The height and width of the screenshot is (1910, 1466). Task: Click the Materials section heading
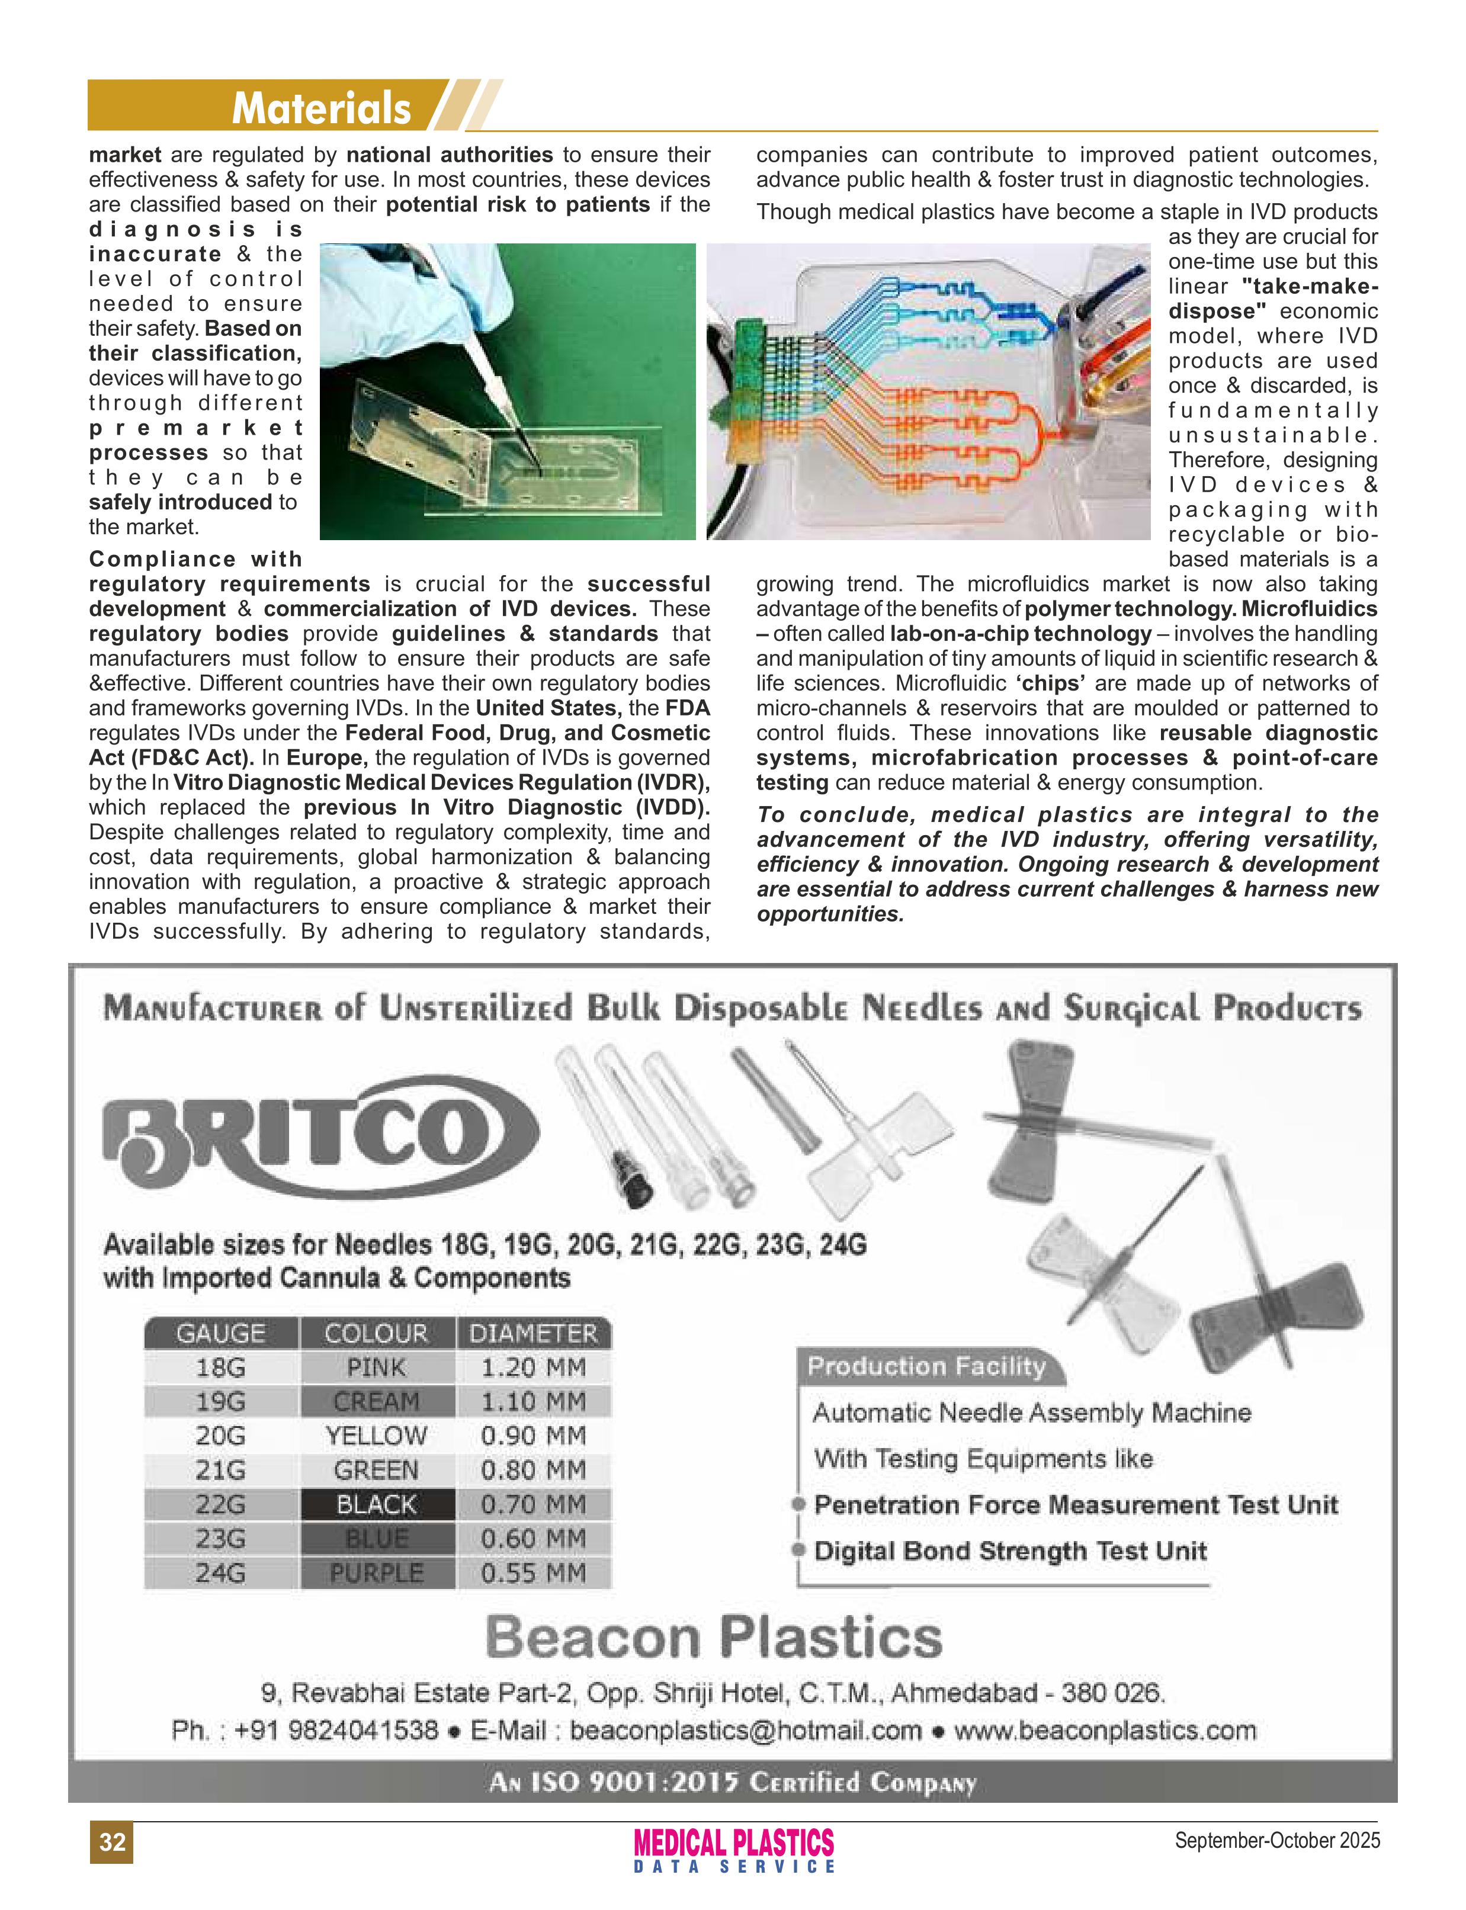coord(321,109)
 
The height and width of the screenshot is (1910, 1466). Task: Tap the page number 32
coord(112,1841)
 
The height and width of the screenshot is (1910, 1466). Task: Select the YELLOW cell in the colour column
coord(376,1436)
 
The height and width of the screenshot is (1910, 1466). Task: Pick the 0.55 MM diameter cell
coord(533,1572)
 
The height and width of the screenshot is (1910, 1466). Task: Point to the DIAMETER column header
coord(533,1333)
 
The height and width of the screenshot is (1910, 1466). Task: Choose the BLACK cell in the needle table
coord(376,1504)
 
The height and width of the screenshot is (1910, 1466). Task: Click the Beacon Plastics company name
coord(714,1637)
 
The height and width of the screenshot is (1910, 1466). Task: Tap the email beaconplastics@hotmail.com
coord(745,1731)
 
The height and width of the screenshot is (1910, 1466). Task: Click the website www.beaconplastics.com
coord(1105,1731)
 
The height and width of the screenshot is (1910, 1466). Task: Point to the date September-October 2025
coord(1276,1840)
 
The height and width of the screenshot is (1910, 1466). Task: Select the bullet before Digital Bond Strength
coord(798,1551)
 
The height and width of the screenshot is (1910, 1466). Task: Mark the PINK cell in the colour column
coord(376,1368)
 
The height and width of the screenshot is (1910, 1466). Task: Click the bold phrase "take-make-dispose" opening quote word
coord(1309,286)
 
